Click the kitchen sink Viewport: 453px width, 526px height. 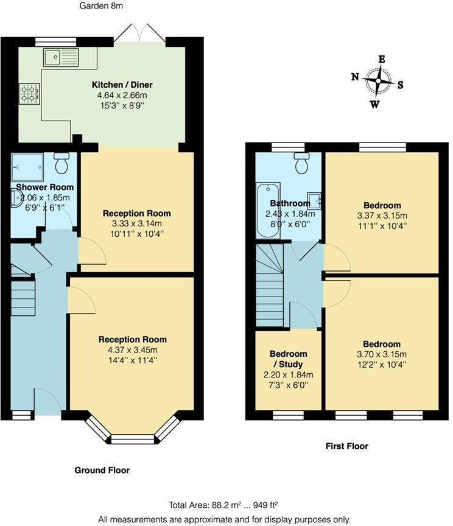61,58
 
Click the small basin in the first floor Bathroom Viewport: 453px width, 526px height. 315,199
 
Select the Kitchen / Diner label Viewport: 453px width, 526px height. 122,84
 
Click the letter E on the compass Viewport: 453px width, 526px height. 382,59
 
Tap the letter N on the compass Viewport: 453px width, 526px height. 354,77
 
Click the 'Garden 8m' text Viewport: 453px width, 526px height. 101,6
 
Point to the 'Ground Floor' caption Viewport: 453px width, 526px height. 102,470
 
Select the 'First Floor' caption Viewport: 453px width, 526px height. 346,446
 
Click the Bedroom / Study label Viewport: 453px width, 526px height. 288,359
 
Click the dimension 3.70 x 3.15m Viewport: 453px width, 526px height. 382,354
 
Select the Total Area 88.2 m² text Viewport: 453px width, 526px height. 224,505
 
